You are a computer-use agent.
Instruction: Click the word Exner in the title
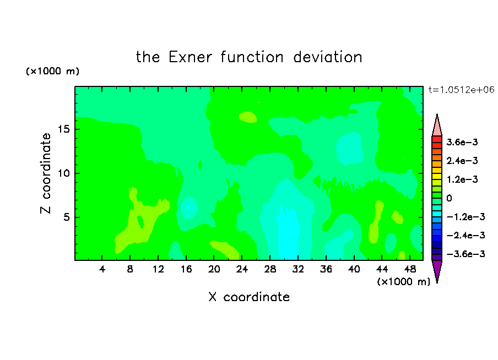click(x=190, y=57)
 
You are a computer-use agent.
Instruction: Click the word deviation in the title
click(x=328, y=57)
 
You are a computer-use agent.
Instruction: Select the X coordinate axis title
click(x=249, y=297)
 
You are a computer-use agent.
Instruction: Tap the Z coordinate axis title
click(x=46, y=173)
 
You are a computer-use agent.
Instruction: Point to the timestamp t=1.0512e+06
click(x=461, y=90)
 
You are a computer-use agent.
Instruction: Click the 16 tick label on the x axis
click(x=186, y=269)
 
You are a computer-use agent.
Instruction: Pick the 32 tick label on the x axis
click(x=298, y=269)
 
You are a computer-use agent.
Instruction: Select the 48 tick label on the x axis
click(x=410, y=269)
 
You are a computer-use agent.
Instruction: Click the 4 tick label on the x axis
click(x=102, y=269)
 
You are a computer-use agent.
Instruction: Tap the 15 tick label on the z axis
click(x=64, y=129)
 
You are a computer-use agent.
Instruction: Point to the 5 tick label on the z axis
click(x=66, y=217)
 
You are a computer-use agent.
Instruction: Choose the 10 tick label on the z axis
click(x=64, y=173)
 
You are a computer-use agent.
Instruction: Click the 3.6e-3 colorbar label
click(x=462, y=142)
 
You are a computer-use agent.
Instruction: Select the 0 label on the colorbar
click(x=449, y=198)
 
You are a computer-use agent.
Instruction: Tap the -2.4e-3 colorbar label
click(x=465, y=235)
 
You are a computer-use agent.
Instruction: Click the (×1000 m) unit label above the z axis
click(x=52, y=71)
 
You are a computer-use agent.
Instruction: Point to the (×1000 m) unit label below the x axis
click(x=403, y=282)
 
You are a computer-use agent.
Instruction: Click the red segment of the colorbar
click(x=437, y=139)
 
